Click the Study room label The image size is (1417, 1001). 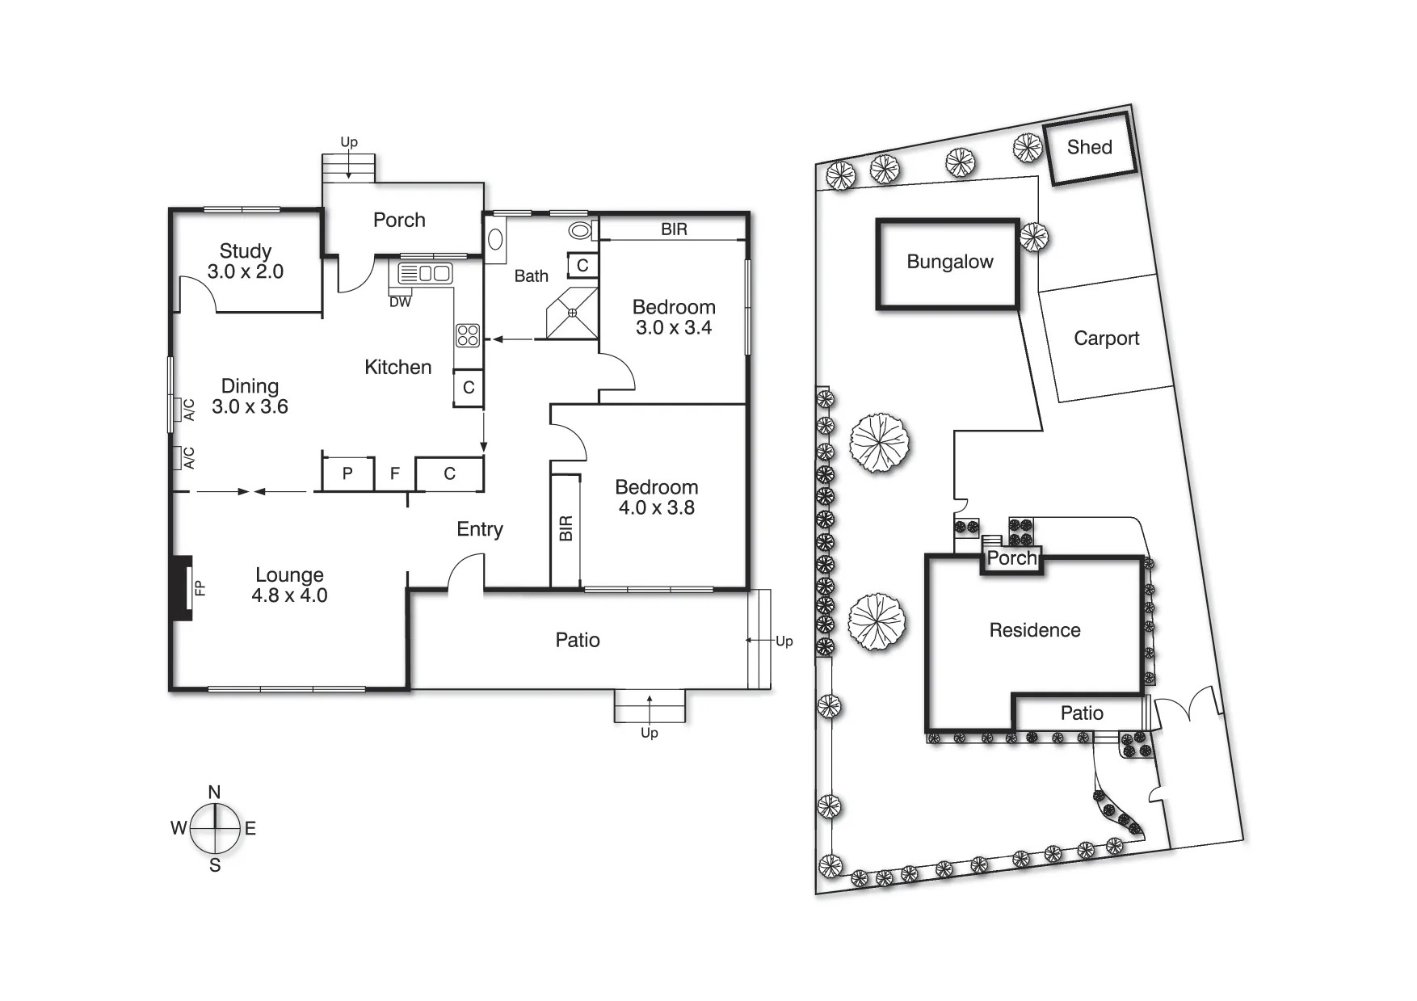point(245,251)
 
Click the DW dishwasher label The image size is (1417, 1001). point(400,302)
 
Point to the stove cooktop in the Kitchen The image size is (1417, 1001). point(468,335)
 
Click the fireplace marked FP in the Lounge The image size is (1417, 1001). point(183,587)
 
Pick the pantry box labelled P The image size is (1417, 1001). point(347,473)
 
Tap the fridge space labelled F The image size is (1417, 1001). point(395,473)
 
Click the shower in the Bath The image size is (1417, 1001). point(572,313)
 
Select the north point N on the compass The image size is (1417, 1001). point(214,792)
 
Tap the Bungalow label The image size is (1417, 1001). point(949,262)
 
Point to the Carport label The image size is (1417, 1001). point(1106,339)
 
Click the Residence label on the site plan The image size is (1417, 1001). point(1034,630)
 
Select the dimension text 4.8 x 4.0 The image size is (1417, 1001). point(289,596)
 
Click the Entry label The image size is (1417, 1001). point(479,529)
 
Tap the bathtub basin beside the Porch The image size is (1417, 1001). point(496,240)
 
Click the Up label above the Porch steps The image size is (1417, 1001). point(348,142)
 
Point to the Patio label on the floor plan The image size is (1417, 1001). point(577,641)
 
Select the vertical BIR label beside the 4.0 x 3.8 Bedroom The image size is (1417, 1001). point(566,528)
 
